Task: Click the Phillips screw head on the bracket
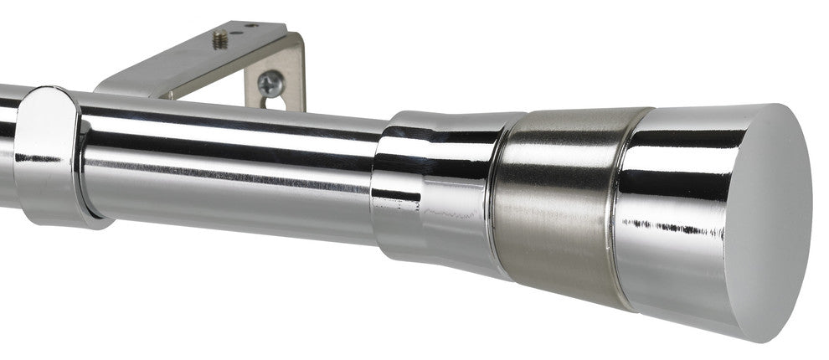[270, 83]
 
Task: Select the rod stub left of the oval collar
[8, 142]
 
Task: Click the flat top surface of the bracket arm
[201, 59]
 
